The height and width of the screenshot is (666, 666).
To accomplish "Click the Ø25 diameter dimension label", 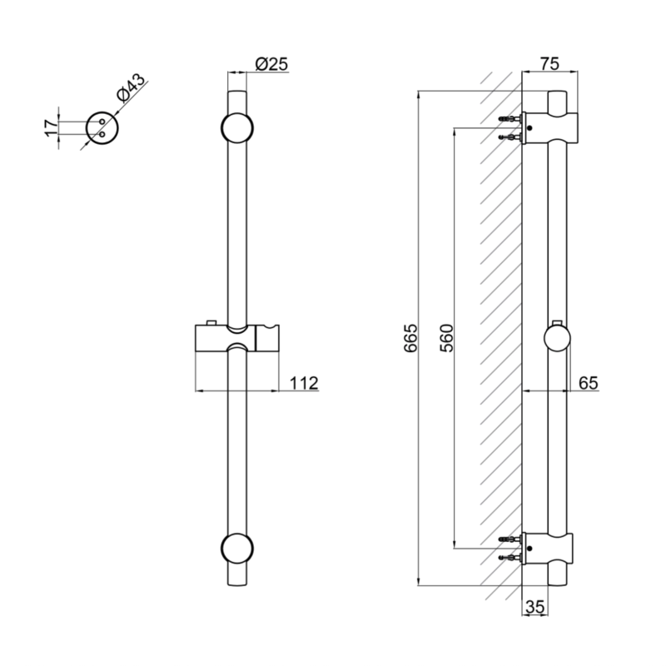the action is point(271,64).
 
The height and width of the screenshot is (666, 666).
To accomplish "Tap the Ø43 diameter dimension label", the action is point(130,88).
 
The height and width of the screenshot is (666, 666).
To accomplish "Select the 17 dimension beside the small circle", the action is point(51,127).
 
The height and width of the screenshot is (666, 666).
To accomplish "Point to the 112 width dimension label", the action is point(304,383).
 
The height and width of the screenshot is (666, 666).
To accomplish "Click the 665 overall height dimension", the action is point(410,338).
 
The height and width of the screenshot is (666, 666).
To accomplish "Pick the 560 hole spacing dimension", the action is point(446,338).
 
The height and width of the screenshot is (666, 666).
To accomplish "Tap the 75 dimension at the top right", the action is point(549,64).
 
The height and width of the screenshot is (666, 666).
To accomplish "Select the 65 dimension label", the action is point(589,383).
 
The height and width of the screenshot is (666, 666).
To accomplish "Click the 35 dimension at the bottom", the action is point(534,607).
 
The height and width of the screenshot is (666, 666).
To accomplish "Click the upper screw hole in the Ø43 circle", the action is point(102,122).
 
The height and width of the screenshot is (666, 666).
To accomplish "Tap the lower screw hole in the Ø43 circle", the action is point(102,134).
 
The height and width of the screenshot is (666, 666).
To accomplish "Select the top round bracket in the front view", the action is point(237,128).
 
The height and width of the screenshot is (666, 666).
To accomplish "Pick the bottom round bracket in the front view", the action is point(237,549).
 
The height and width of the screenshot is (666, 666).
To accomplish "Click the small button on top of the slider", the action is point(211,323).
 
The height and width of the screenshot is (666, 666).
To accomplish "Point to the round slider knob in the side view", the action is point(557,339).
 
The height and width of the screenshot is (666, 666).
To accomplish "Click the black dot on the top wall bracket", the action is point(529,127).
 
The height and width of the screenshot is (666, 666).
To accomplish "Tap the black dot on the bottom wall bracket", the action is point(529,548).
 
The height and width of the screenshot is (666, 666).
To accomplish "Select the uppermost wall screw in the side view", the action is point(511,119).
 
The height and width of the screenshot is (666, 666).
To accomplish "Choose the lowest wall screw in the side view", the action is point(511,557).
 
